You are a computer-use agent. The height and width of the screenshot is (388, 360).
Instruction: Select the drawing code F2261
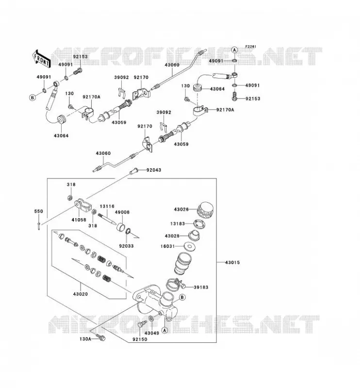pos(250,47)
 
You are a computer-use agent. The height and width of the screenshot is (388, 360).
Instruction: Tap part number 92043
pos(153,170)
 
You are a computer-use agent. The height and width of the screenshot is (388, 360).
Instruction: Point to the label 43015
pos(232,262)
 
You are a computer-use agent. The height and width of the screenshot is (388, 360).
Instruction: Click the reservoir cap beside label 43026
pos(206,210)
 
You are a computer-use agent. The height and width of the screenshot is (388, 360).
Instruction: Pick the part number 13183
pos(178,224)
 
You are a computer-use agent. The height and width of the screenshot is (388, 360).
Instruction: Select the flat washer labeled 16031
pos(189,246)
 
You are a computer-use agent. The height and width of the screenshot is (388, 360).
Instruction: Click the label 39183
pos(201,287)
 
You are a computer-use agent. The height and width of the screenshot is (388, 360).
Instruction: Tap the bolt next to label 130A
pos(100,338)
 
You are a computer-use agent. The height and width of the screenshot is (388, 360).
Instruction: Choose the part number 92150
pos(140,339)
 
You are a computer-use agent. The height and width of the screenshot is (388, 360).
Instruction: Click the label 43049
pos(152,333)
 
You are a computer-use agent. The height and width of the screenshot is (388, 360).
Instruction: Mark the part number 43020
pos(80,294)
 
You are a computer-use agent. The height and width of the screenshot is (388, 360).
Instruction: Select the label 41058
pos(79,220)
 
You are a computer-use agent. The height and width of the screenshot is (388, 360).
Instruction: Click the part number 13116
pos(107,206)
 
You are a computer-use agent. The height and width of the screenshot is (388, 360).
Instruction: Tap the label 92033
pos(126,246)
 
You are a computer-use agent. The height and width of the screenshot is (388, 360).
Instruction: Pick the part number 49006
pos(122,212)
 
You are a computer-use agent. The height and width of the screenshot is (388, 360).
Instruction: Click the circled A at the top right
pos(234,50)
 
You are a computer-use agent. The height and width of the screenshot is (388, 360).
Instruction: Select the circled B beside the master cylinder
pos(182,297)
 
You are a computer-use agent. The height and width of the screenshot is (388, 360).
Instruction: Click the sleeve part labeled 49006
pos(121,226)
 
